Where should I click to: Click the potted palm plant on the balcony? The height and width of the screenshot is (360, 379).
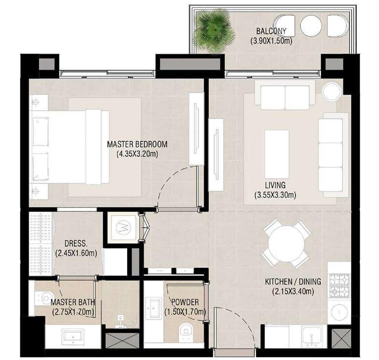point(214,31)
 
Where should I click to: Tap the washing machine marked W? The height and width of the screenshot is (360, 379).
point(123,227)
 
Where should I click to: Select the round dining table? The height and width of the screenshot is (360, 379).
point(286,244)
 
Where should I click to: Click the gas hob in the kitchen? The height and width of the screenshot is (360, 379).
point(339,286)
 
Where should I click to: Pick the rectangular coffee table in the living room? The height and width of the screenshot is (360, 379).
point(277,154)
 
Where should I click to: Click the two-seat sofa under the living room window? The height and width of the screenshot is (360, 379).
point(285,95)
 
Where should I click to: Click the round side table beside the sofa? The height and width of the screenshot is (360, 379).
point(332,91)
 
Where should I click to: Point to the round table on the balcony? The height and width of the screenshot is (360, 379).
point(311,26)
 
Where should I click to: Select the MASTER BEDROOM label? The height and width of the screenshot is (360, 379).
point(137,144)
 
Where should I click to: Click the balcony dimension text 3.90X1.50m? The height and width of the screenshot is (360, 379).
point(272,41)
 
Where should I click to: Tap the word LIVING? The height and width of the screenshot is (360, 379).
point(275,185)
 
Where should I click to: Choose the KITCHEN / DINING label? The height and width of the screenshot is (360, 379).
point(293,281)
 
